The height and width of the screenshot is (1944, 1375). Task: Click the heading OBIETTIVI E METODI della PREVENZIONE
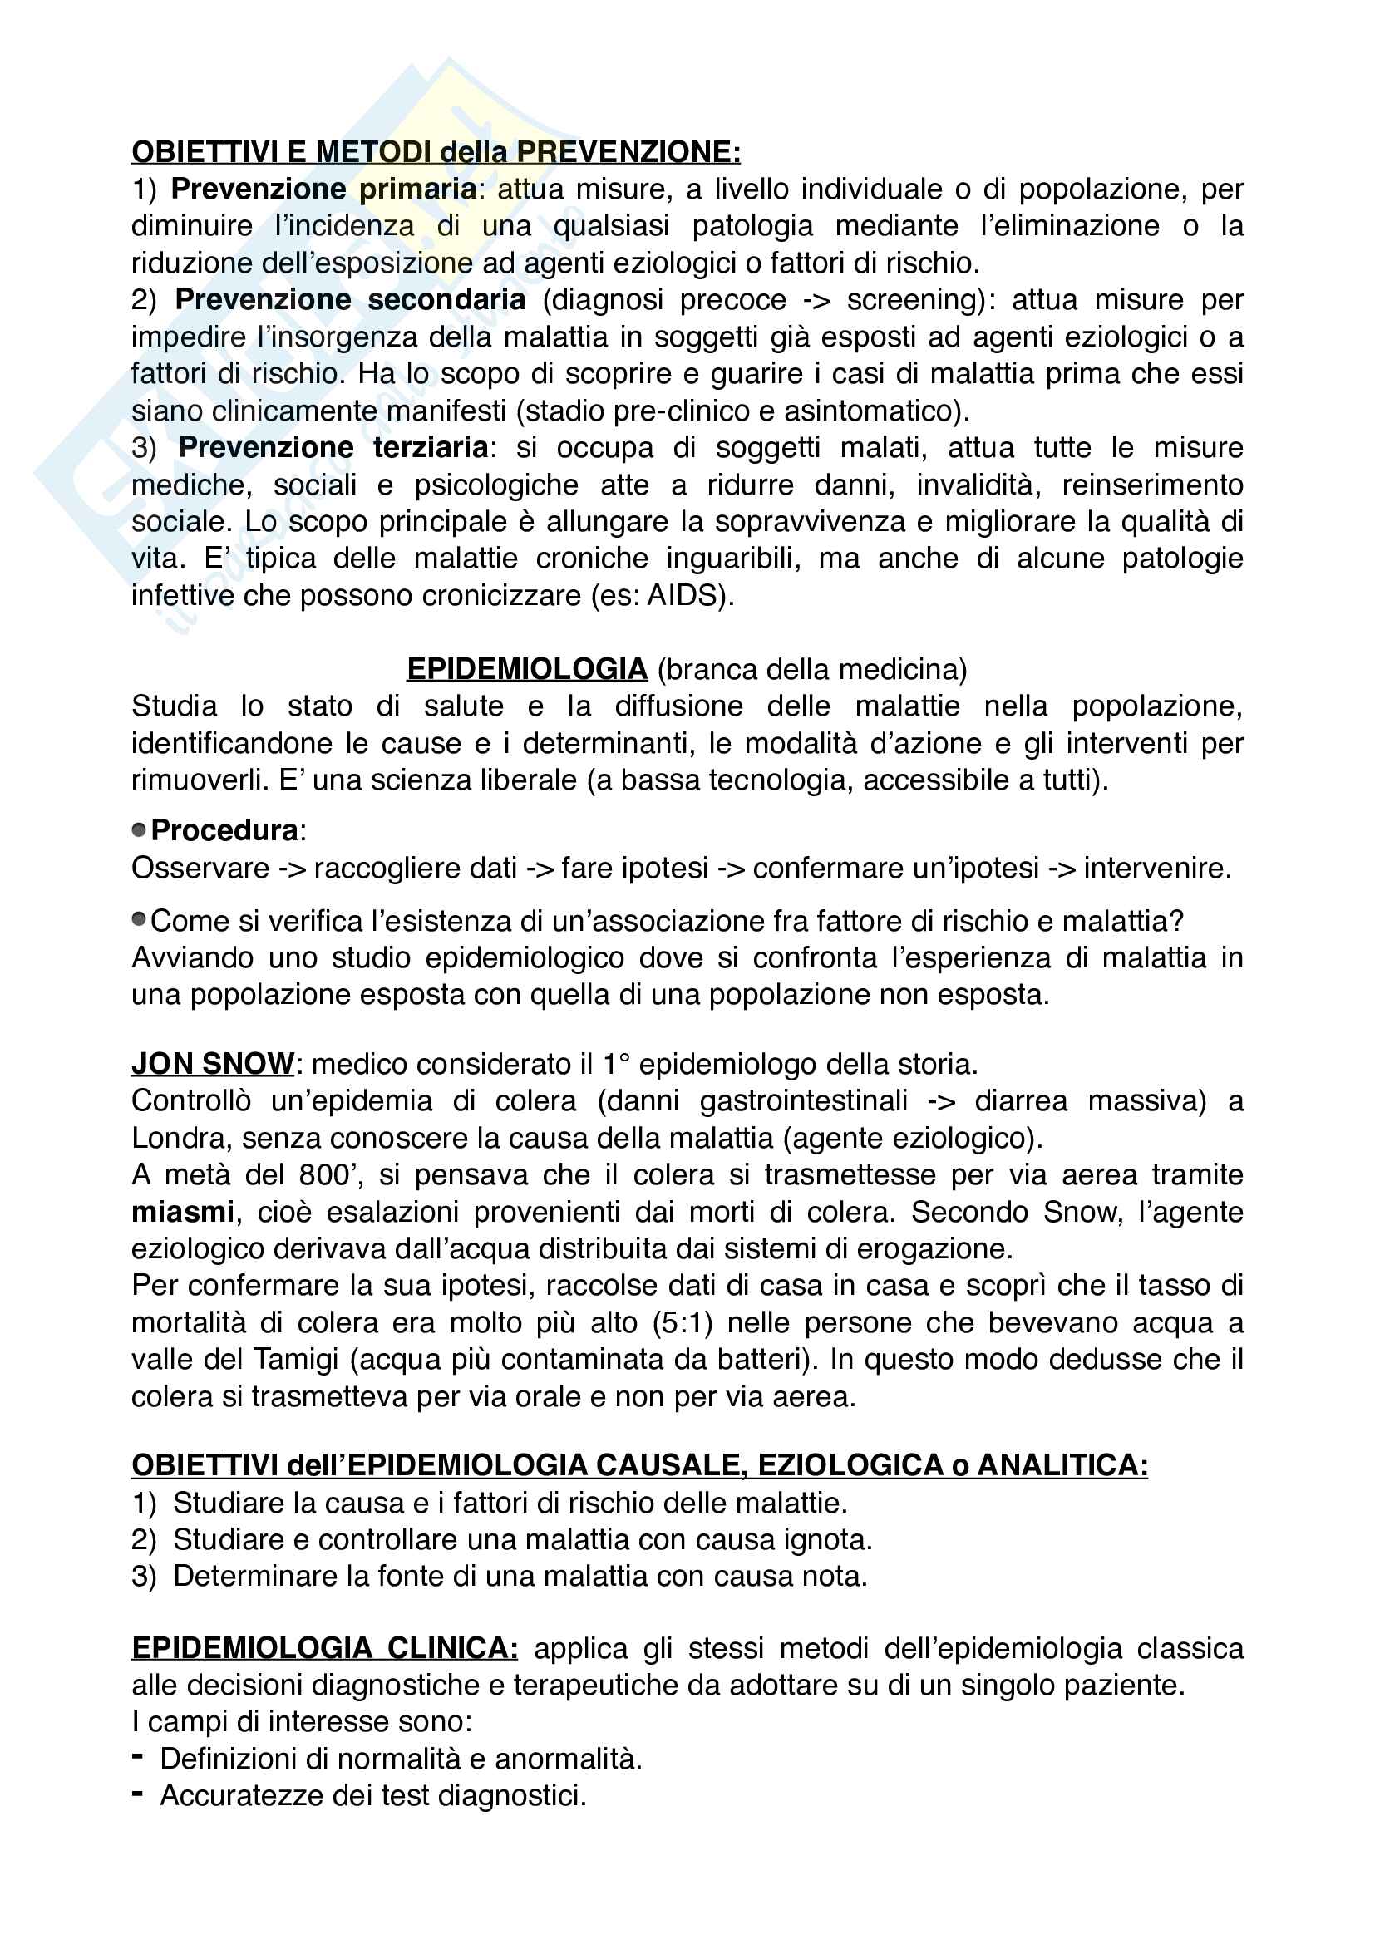(436, 151)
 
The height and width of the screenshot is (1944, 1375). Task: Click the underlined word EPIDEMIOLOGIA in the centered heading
(526, 669)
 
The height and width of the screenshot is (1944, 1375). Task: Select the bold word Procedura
(224, 830)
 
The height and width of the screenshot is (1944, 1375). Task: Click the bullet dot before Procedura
(139, 829)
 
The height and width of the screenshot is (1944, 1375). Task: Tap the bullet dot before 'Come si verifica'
(139, 920)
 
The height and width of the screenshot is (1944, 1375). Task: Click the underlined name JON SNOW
(213, 1064)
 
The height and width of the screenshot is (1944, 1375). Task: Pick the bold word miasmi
(182, 1212)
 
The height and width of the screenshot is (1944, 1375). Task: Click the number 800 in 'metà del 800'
(324, 1175)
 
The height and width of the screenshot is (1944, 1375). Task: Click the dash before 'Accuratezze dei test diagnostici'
(137, 1794)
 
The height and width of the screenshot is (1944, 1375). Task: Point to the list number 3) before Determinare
(144, 1576)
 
